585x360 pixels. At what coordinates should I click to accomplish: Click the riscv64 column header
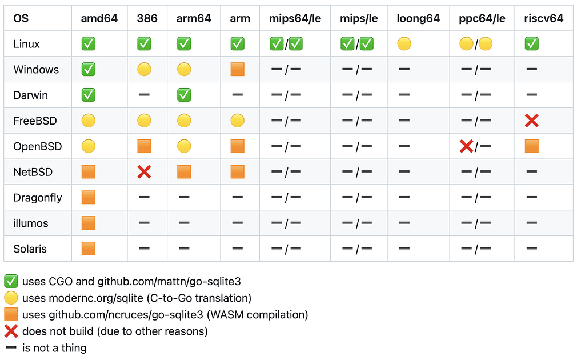544,18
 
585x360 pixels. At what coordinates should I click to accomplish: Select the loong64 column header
418,18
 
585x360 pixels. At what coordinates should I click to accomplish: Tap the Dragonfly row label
38,198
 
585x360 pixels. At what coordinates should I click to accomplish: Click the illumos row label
31,223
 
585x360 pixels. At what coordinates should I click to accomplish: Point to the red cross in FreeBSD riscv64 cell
532,121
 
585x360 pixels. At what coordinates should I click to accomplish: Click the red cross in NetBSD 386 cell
144,172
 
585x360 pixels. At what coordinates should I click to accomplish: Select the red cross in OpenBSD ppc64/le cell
466,146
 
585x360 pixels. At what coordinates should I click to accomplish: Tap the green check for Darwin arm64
184,95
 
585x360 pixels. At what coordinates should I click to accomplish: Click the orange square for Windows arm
237,69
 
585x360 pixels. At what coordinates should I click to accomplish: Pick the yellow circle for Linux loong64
404,43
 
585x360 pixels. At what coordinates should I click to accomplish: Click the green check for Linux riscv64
532,43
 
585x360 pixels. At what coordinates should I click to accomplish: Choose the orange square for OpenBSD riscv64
532,146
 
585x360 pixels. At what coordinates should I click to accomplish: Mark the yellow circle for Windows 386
144,69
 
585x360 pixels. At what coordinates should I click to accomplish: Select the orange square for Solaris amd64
89,249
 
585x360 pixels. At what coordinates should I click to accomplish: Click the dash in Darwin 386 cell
144,95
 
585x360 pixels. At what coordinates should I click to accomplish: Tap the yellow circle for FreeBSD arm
237,121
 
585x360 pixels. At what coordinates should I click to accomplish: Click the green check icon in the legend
11,281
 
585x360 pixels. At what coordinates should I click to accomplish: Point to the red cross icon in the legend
11,331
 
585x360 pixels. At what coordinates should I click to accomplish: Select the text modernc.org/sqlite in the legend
96,298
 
